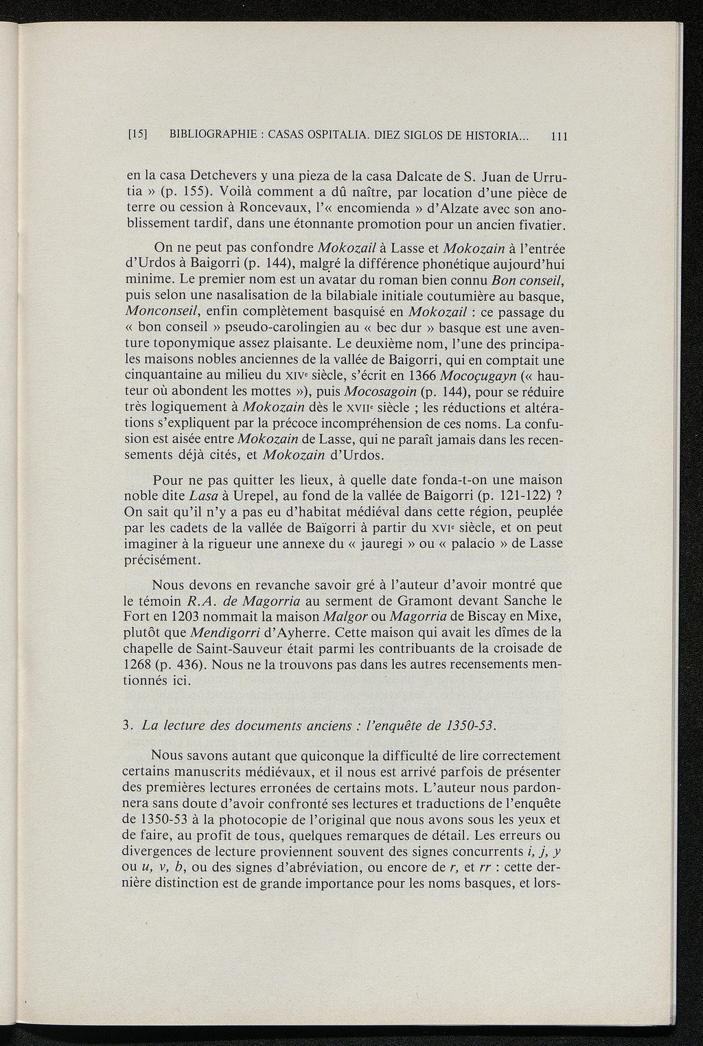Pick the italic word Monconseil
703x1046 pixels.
click(x=170, y=312)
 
